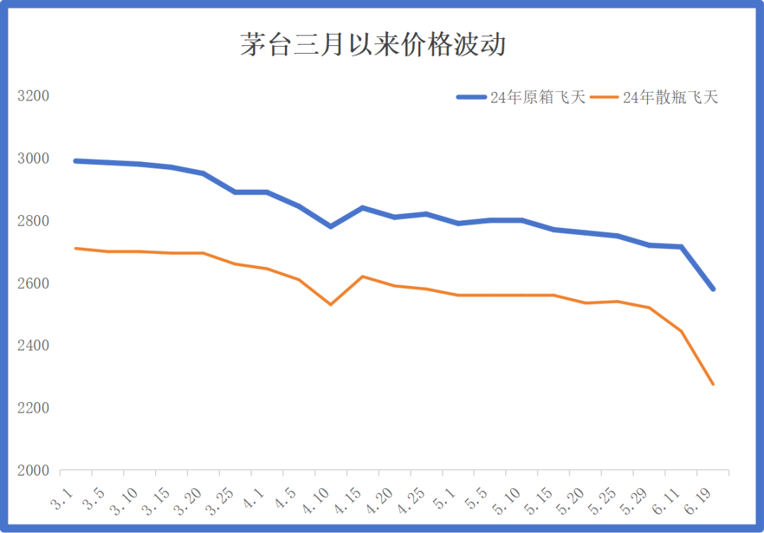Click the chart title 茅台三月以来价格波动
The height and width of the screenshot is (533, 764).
tap(373, 45)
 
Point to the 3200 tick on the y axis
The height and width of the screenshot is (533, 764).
tap(33, 96)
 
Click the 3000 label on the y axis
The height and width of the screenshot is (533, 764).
tap(33, 158)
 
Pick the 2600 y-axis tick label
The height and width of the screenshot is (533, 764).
tap(33, 283)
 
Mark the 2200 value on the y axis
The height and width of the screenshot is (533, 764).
tap(33, 408)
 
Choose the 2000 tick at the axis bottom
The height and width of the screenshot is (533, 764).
tap(33, 471)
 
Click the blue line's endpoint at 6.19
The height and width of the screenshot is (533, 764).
tap(713, 289)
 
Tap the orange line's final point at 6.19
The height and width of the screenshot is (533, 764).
tap(713, 384)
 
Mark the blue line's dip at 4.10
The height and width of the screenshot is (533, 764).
tap(330, 227)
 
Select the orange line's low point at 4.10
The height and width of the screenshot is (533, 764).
tap(330, 304)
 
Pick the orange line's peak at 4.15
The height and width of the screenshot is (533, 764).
tap(362, 276)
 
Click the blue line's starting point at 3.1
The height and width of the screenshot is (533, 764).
tap(76, 161)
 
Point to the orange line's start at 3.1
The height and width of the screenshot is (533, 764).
tap(76, 248)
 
